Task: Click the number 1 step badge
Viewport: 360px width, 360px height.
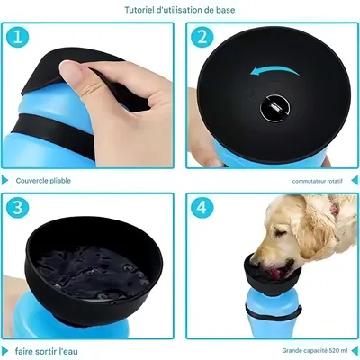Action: tap(17, 37)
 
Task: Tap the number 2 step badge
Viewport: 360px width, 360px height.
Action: tap(202, 37)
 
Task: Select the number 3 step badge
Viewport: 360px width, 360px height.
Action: tap(17, 208)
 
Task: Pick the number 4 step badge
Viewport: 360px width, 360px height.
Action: tap(202, 208)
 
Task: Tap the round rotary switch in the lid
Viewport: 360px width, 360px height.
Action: tap(274, 108)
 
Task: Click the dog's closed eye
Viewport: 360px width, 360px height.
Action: tap(282, 233)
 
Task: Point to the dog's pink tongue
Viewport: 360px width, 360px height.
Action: tap(275, 274)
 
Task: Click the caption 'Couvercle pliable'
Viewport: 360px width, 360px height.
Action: tap(43, 181)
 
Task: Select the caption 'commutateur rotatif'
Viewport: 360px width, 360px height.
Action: tap(317, 181)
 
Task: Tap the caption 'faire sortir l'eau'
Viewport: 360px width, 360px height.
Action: tap(46, 351)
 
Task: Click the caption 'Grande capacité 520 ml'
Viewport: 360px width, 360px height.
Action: tap(314, 350)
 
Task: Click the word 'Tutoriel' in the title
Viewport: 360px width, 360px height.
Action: tap(139, 10)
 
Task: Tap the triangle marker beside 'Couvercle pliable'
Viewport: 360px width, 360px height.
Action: tap(4, 180)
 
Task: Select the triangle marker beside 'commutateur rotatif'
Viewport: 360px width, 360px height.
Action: tap(355, 180)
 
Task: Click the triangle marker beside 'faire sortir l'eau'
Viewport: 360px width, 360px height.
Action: tap(4, 351)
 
